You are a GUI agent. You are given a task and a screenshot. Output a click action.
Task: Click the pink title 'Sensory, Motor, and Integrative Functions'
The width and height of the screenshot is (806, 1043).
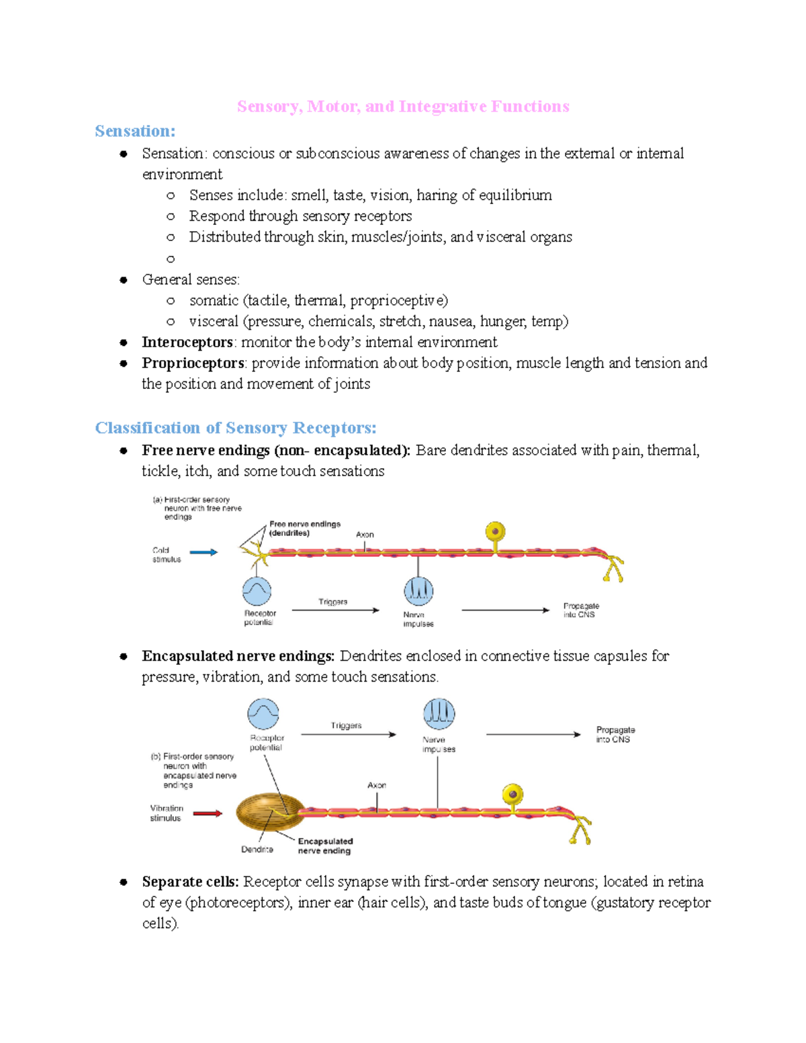[x=403, y=107]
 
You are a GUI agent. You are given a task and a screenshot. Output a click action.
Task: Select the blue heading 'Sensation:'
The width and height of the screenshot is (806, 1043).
[x=135, y=131]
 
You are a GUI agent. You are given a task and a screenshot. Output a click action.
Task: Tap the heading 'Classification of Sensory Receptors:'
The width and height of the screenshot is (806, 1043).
[x=236, y=428]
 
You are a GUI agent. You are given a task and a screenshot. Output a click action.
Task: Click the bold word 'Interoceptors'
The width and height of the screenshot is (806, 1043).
[x=187, y=343]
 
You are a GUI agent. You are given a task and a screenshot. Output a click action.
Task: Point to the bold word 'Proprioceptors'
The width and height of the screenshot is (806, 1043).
[x=193, y=363]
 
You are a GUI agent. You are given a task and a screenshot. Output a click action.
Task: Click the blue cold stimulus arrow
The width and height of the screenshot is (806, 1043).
[x=204, y=553]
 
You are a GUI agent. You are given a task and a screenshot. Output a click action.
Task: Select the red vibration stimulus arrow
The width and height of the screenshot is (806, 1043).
[x=208, y=813]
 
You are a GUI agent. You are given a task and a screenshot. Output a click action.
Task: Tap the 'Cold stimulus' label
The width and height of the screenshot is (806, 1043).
[x=166, y=555]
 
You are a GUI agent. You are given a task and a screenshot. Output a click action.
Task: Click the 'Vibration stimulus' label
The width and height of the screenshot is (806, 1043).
[x=166, y=813]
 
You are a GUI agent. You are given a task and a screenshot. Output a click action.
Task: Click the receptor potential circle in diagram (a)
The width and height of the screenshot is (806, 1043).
[x=257, y=591]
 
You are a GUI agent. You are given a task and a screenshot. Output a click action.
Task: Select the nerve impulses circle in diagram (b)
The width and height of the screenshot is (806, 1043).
[x=439, y=713]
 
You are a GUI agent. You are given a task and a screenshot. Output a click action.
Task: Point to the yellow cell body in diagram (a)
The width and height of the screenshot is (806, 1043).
[x=496, y=533]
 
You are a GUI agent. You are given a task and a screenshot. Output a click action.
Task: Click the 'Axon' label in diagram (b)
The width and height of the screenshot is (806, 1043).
[x=377, y=785]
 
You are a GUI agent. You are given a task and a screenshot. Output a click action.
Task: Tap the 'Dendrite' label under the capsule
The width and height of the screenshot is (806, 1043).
[x=257, y=850]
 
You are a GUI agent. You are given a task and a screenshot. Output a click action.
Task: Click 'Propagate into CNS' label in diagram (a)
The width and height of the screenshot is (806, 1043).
[x=580, y=610]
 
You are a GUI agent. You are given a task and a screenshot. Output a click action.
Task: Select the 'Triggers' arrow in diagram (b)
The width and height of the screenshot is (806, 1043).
[x=348, y=734]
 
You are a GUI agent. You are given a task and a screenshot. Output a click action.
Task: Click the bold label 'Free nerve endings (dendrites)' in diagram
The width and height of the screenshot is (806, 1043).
[x=304, y=529]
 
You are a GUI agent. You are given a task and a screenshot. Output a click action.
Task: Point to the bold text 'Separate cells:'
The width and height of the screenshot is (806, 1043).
[x=190, y=882]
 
